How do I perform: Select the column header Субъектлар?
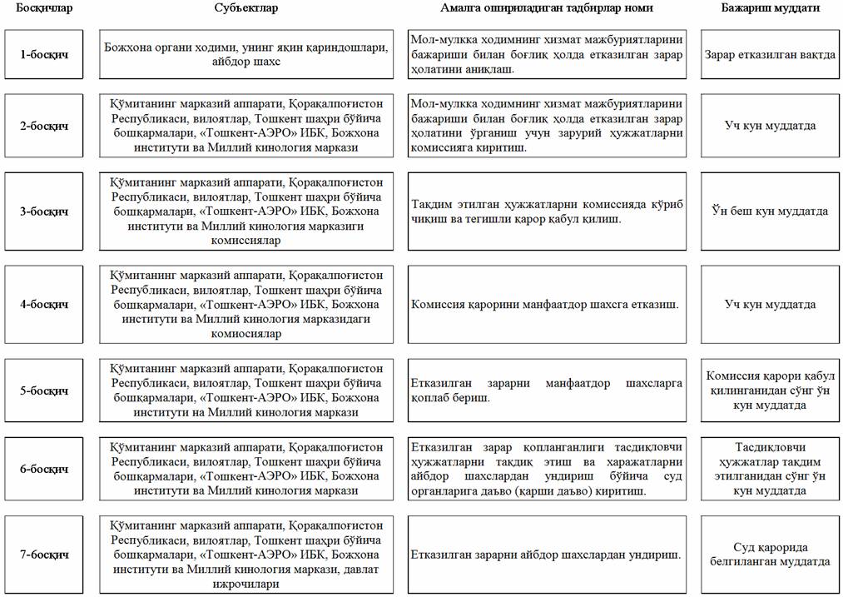(246, 7)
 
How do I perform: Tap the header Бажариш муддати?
(770, 7)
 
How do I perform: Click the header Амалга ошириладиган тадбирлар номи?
(547, 7)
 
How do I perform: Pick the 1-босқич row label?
(44, 54)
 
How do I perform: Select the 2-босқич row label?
(44, 126)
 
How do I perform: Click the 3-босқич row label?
(44, 211)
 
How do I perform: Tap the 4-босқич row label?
(44, 304)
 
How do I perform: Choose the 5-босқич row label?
(44, 391)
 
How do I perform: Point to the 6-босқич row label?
(44, 469)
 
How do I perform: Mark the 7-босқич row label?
(44, 554)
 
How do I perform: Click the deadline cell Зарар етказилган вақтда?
(770, 54)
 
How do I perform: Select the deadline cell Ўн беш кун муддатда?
(770, 211)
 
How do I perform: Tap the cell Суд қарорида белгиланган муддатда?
(770, 554)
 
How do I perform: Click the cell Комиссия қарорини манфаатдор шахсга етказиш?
(547, 304)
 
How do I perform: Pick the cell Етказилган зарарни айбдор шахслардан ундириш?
(547, 554)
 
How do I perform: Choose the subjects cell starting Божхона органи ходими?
(246, 54)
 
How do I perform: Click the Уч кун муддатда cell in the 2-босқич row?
(770, 126)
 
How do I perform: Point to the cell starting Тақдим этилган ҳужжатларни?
(547, 211)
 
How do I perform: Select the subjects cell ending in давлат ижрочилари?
(246, 554)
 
